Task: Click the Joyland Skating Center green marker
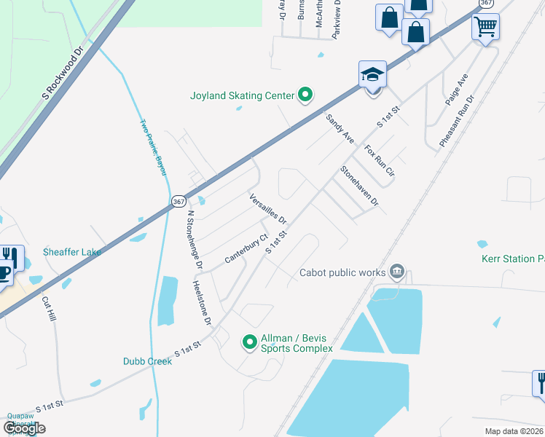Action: pyautogui.click(x=306, y=95)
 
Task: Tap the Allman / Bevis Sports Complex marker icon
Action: pyautogui.click(x=249, y=341)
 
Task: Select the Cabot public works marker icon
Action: pyautogui.click(x=397, y=272)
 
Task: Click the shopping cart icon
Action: pyautogui.click(x=485, y=27)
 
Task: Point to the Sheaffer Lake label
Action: pyautogui.click(x=71, y=252)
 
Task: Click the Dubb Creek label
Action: pyautogui.click(x=148, y=361)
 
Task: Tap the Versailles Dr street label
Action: pyautogui.click(x=268, y=208)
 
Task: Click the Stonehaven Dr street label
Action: pyautogui.click(x=359, y=186)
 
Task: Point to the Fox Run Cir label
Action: pyautogui.click(x=379, y=162)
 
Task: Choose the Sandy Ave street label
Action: pyautogui.click(x=340, y=128)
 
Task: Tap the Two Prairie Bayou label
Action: pyautogui.click(x=154, y=146)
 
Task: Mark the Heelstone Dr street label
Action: pyautogui.click(x=202, y=302)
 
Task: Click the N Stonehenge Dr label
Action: pyautogui.click(x=195, y=237)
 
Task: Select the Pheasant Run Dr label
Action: pyautogui.click(x=455, y=121)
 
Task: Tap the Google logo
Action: pyautogui.click(x=24, y=428)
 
